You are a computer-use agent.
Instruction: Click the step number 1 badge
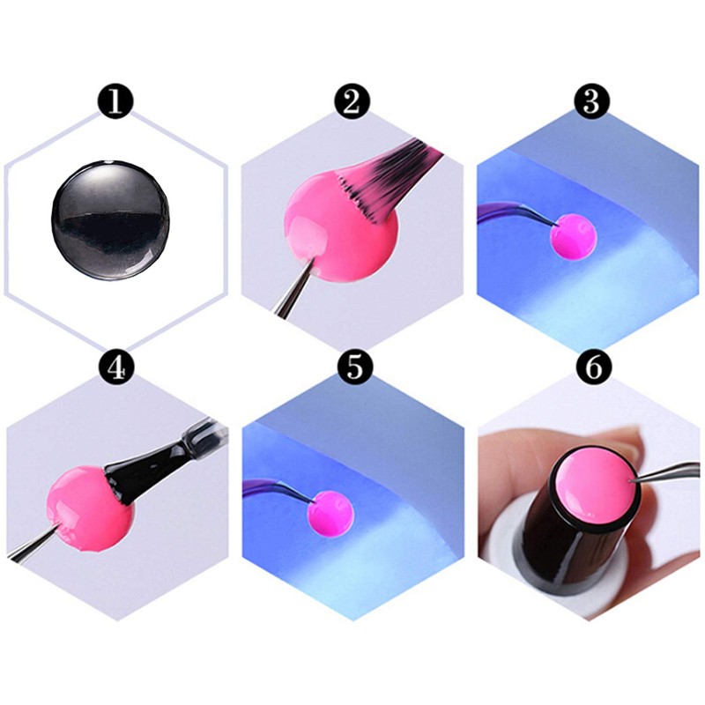(x=115, y=101)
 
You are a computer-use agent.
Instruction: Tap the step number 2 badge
(x=352, y=101)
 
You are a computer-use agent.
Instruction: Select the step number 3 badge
(x=591, y=101)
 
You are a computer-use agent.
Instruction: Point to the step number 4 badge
(x=117, y=367)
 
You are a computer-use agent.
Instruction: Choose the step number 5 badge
(x=355, y=367)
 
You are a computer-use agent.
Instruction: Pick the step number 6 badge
(x=594, y=367)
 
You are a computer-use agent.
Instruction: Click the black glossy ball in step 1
(x=111, y=219)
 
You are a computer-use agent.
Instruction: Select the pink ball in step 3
(x=574, y=235)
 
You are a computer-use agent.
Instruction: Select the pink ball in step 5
(x=330, y=513)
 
